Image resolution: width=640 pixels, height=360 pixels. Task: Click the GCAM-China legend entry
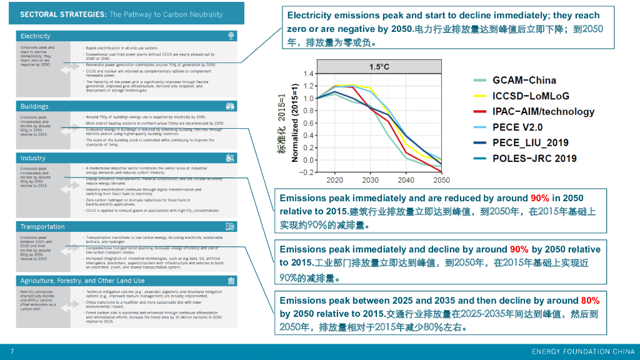(x=524, y=81)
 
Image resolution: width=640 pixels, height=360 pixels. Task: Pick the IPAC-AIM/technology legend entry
(x=543, y=112)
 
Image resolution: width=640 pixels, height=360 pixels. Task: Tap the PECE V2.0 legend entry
(x=517, y=127)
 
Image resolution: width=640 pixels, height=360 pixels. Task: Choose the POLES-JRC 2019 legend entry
(x=534, y=159)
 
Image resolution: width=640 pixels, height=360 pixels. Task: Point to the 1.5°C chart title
(x=379, y=67)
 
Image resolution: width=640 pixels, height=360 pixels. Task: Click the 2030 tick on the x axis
(x=370, y=180)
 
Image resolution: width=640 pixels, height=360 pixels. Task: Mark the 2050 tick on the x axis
(x=441, y=180)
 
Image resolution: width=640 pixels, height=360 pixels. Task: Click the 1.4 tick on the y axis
(x=308, y=74)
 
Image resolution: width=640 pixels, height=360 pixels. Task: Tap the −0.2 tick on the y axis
(x=307, y=172)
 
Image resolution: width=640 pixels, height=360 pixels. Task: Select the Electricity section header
(x=36, y=36)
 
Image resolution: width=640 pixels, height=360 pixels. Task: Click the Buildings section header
(x=34, y=107)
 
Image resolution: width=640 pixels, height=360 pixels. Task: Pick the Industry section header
(x=33, y=159)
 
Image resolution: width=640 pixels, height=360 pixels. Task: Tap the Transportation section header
(x=42, y=227)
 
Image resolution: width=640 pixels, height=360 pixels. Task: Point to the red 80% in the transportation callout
(x=590, y=301)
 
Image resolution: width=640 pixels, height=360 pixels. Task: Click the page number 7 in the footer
(x=12, y=351)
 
